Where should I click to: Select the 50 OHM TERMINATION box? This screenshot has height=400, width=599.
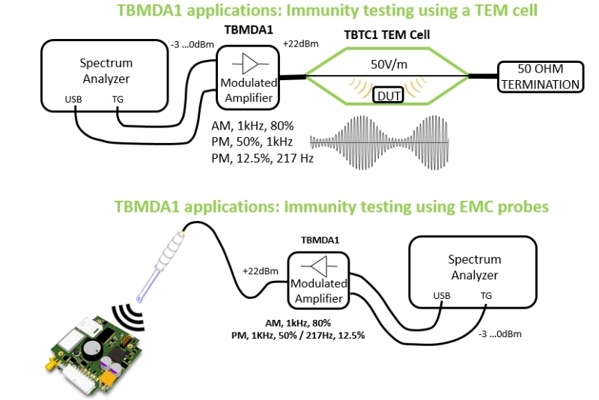coord(541,78)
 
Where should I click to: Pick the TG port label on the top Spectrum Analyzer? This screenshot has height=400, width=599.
coord(118,99)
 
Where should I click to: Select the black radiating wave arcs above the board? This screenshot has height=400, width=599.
coord(127,313)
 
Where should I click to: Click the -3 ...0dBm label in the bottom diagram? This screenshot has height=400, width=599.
coord(501,333)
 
